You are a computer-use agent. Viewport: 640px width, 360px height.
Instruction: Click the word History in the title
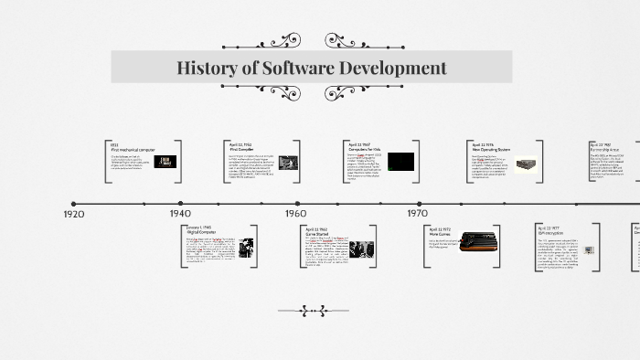coord(207,68)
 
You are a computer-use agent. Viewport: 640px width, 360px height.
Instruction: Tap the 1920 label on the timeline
coord(74,214)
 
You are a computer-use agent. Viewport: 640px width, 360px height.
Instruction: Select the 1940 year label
coord(180,214)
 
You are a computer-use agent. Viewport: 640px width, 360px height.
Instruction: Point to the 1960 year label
coord(295,214)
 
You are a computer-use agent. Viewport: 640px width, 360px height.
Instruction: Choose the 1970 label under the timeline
coord(418,214)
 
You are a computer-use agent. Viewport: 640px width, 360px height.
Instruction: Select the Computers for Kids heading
coord(366,149)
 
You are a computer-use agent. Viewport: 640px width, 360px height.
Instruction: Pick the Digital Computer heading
coord(201,232)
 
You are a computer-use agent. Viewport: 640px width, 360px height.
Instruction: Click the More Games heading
coord(440,235)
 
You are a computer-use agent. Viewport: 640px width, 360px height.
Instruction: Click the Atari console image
coord(478,241)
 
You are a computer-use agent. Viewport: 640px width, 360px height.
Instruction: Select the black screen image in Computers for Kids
coord(400,162)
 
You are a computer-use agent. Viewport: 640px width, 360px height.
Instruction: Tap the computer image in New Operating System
coord(524,164)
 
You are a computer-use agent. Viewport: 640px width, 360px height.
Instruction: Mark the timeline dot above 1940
coord(181,204)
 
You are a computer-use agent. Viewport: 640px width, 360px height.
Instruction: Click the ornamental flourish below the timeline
coord(313,311)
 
